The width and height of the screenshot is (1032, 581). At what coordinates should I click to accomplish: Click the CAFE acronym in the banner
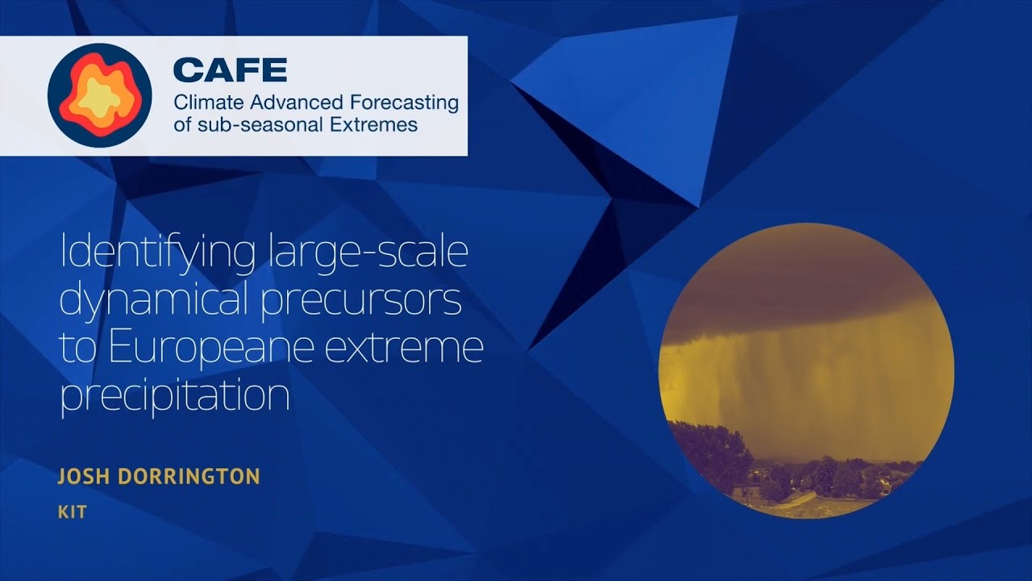click(230, 71)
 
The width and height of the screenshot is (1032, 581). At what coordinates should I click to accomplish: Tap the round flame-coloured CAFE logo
click(100, 95)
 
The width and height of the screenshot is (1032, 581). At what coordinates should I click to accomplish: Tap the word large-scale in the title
click(366, 255)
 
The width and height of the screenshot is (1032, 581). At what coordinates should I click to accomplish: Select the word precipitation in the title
click(174, 396)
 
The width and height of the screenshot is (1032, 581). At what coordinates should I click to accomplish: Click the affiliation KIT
click(72, 512)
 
